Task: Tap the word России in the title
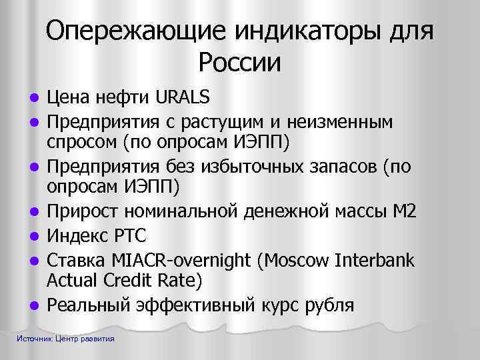239,63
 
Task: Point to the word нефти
124,99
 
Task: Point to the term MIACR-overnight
179,259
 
